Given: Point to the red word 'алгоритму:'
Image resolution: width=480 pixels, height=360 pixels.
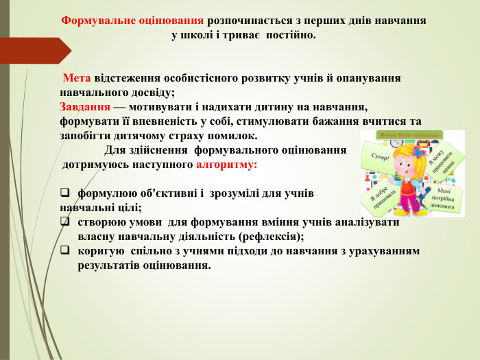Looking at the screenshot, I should coord(226,165).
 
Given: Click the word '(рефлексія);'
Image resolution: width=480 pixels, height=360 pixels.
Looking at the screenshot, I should coord(270,236).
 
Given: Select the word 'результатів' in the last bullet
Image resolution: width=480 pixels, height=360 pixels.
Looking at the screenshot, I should coord(111,265).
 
